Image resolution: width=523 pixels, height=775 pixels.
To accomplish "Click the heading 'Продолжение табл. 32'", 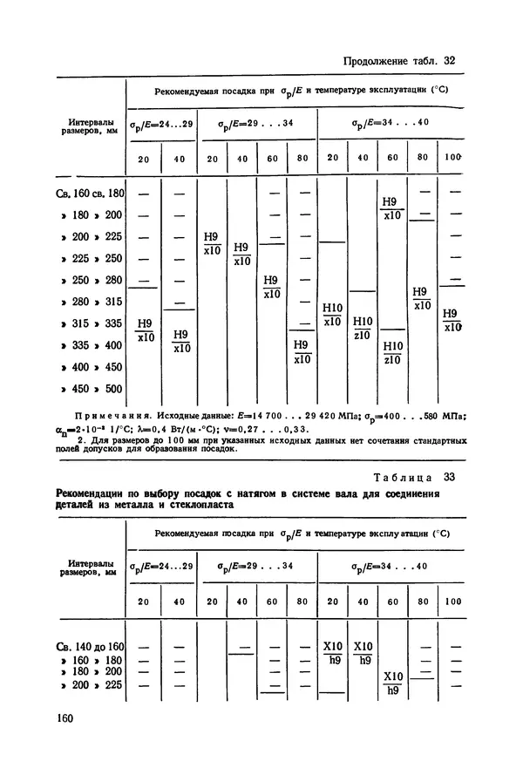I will pos(400,61).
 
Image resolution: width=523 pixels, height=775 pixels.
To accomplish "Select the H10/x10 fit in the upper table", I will pos(332,314).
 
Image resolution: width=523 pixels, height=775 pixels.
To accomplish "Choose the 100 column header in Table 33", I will pos(452,602).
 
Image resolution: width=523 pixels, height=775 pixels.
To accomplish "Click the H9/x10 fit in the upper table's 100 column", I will pos(452,320).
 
